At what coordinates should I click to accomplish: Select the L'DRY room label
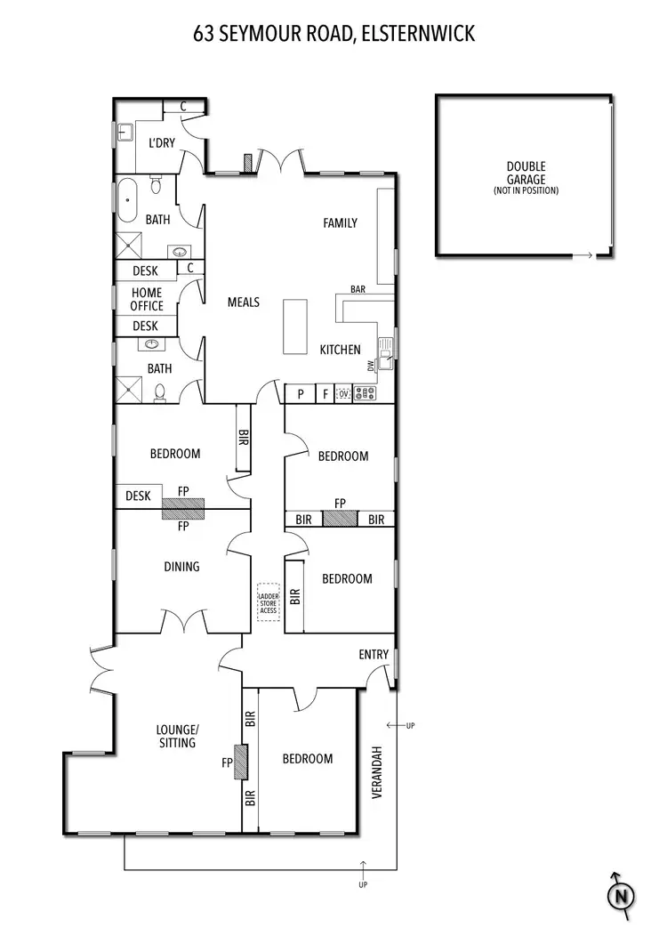(x=161, y=142)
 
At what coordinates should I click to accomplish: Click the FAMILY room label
(x=340, y=222)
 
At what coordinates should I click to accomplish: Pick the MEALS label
(x=243, y=303)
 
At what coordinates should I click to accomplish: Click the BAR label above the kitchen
(x=358, y=290)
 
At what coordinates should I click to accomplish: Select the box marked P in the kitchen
(x=301, y=393)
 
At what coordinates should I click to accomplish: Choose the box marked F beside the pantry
(x=325, y=393)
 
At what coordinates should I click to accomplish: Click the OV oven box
(x=343, y=393)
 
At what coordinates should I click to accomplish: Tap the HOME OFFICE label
(x=147, y=299)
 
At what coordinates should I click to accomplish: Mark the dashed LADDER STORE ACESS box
(x=268, y=602)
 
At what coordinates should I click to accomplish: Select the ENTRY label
(x=374, y=655)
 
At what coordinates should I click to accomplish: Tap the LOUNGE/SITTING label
(x=177, y=737)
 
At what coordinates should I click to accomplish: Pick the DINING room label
(x=181, y=567)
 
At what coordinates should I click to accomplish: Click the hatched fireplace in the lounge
(x=240, y=762)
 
